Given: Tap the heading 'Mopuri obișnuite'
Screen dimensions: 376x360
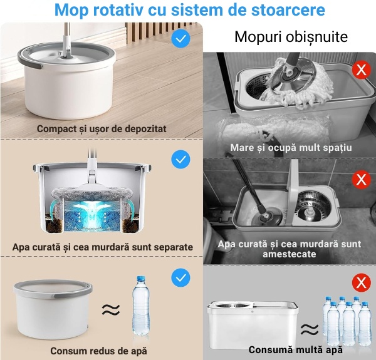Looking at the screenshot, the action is coord(291,37).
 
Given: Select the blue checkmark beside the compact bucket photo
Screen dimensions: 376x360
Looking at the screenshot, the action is coord(181,38).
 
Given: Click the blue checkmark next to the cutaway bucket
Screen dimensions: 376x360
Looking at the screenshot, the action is coord(181,160).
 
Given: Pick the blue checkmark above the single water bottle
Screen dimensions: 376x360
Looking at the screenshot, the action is coord(181,278).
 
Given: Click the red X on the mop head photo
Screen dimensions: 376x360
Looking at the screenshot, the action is coord(362,69).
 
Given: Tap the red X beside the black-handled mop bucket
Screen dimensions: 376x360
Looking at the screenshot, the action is coord(362,179).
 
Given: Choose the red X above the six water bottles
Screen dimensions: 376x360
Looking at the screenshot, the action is coord(362,282).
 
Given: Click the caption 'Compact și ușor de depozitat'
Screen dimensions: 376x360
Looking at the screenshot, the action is coord(102,129).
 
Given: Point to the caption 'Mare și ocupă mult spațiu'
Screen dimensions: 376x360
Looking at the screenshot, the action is coord(291,148).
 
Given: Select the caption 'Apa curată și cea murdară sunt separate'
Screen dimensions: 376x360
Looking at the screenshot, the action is coord(103,247).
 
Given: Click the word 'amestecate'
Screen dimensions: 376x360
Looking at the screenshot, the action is coord(289,254).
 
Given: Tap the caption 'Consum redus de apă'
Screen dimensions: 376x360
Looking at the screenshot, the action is coord(98,351).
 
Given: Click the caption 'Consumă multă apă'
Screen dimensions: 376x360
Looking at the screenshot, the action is coord(296,350).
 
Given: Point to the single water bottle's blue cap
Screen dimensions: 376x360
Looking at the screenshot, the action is coord(141,279).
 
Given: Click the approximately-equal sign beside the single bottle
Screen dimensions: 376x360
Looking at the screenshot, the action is coord(111,310).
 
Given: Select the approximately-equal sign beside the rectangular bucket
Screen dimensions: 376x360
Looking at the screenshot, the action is coord(310,329).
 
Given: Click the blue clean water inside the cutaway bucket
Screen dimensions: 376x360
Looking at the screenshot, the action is coord(92,215).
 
